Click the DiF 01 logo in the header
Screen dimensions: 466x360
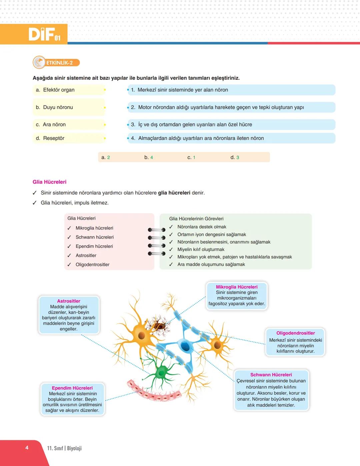[45, 34]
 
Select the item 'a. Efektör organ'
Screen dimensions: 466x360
[55, 90]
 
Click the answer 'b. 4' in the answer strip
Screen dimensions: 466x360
[149, 157]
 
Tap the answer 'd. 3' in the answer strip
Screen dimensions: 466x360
[235, 157]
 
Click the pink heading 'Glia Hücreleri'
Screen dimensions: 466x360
[49, 182]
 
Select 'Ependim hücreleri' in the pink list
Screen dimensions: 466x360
[94, 246]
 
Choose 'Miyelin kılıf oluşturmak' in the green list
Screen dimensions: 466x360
[201, 249]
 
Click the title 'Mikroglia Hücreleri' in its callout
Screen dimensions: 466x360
[237, 287]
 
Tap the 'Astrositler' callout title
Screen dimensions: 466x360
[69, 301]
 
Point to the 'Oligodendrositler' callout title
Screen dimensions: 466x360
[295, 333]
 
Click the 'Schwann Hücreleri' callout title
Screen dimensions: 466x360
[271, 375]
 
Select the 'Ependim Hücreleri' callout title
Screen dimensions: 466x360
[72, 388]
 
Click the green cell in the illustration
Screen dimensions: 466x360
[162, 372]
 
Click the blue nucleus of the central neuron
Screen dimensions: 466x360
[185, 346]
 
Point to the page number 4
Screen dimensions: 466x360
[27, 448]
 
